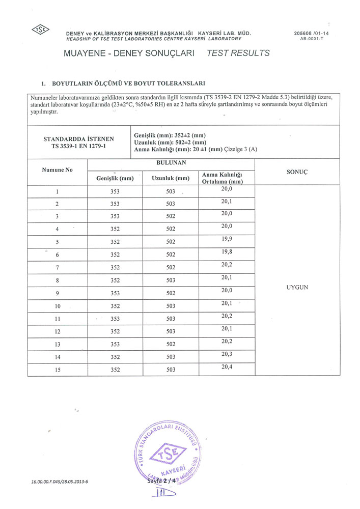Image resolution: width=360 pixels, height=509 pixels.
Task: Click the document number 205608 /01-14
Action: coord(311,33)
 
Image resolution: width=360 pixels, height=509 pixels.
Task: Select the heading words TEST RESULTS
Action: coord(238,53)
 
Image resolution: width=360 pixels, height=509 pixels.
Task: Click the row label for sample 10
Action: coord(58,306)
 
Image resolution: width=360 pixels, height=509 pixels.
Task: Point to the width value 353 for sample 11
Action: coord(115,319)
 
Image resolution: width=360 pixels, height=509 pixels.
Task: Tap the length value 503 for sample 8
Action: coord(171,280)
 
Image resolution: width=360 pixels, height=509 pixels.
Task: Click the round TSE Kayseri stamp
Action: coord(170,450)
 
